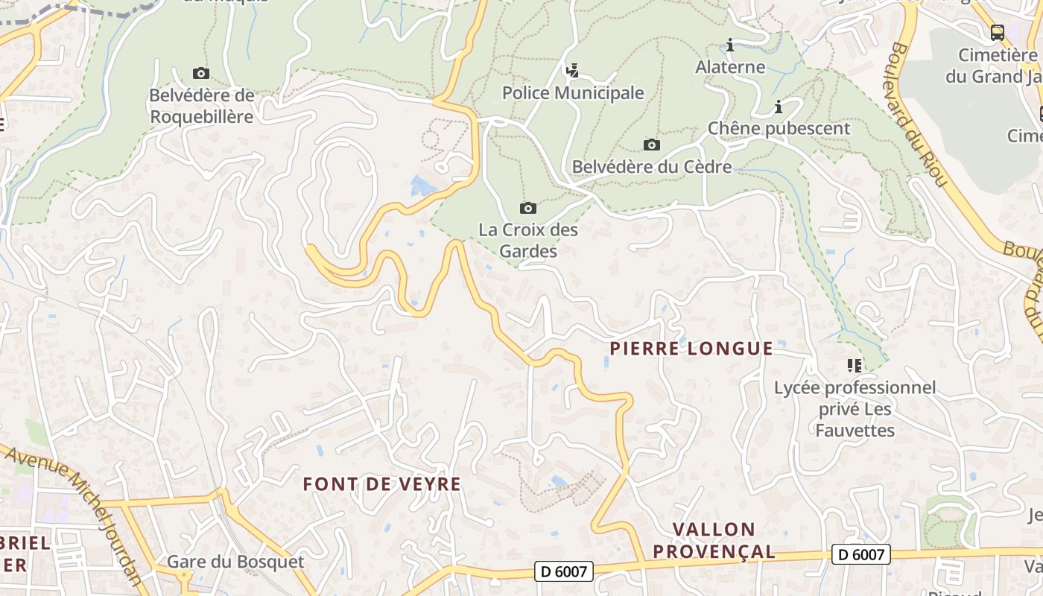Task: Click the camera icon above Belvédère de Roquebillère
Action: (200, 73)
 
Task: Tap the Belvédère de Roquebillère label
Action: (202, 106)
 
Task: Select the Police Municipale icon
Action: (572, 71)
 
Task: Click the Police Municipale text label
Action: (572, 93)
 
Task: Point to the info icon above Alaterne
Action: (730, 45)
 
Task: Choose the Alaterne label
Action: (730, 67)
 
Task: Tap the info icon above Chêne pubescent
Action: (779, 107)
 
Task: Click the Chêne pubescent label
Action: (779, 128)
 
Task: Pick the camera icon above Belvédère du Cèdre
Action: (651, 145)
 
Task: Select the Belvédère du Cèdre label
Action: (651, 167)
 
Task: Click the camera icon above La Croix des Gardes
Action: (527, 208)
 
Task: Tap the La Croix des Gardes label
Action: (527, 240)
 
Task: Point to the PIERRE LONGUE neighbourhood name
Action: (691, 348)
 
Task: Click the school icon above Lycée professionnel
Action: (854, 365)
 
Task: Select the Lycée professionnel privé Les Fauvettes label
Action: (855, 408)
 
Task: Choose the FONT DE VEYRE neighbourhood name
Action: (381, 484)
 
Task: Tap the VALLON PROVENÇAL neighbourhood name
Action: (723, 540)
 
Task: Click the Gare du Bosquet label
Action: (235, 562)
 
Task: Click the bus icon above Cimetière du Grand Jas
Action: (997, 33)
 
